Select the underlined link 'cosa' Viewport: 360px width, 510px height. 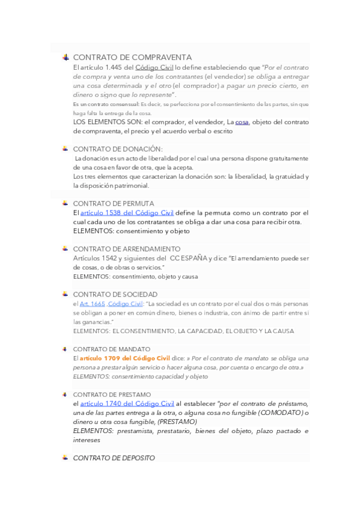[x=242, y=121]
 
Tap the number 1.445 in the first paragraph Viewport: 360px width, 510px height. [x=114, y=67]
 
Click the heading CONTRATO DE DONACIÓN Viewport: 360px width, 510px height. [x=118, y=149]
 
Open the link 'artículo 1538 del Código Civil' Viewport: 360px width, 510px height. [x=127, y=212]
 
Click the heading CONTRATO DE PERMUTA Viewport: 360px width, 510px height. [x=114, y=203]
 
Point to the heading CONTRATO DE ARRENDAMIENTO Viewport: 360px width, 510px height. [x=126, y=249]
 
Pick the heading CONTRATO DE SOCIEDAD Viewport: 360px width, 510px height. [x=115, y=295]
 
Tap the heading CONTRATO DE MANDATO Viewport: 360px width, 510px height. [x=112, y=349]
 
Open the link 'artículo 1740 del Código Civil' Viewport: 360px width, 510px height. [x=127, y=403]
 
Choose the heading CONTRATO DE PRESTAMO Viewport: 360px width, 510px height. [x=112, y=395]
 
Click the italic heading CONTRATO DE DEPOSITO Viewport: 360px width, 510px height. [x=114, y=458]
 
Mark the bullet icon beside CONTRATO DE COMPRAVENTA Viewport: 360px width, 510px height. [x=66, y=57]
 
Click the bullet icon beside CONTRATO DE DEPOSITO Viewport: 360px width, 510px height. [x=66, y=458]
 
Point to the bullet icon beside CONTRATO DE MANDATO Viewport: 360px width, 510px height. [x=66, y=349]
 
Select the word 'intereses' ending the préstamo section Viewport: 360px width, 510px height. [x=87, y=440]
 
